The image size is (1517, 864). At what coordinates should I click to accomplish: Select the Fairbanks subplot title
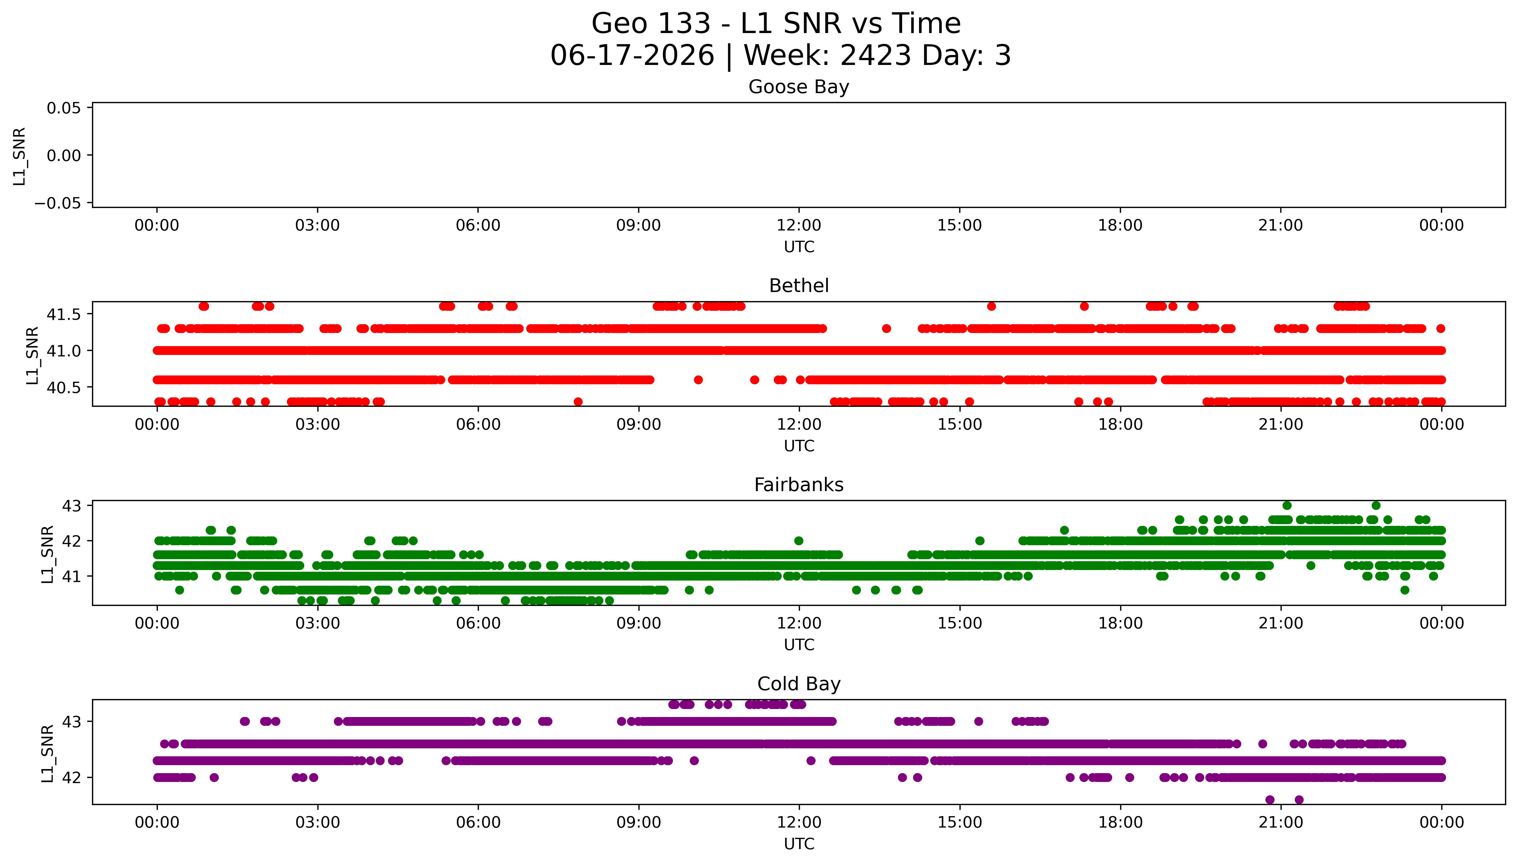(799, 485)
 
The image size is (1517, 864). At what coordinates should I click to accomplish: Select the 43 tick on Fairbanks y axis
(72, 506)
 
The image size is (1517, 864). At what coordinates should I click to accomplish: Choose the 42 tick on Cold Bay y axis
(72, 777)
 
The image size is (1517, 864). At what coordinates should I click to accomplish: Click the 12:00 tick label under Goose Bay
(799, 226)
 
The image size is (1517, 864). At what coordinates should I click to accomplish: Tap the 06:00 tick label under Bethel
(478, 424)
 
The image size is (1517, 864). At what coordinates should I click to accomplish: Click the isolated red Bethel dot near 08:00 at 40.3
(578, 402)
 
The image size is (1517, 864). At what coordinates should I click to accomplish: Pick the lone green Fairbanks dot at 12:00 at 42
(799, 541)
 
